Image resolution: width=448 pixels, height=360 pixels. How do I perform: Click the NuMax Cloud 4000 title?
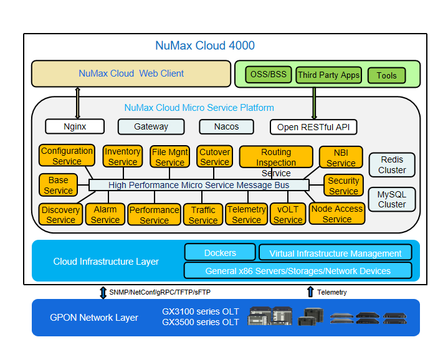(204, 45)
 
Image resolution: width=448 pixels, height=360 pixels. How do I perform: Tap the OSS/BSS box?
(269, 75)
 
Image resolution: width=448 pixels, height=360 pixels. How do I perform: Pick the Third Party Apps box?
(328, 75)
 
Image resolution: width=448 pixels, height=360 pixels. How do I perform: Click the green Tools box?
(386, 76)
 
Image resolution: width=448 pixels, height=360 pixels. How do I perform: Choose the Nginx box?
(75, 126)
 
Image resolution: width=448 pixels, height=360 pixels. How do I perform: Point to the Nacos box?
(227, 126)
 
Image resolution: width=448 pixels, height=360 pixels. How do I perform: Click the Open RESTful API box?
(313, 127)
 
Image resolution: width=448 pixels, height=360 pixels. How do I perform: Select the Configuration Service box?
(67, 156)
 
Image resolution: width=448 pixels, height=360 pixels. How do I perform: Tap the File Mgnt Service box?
(169, 157)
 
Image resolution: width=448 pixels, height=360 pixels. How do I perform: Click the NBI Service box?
(341, 158)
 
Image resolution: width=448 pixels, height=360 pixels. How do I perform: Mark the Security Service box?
(343, 186)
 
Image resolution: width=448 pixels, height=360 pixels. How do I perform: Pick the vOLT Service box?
(288, 214)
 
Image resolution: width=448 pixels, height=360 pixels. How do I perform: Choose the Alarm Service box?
(105, 214)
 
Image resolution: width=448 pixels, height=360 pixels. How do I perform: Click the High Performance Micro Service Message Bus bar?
(199, 185)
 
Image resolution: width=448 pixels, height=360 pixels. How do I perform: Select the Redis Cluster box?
(392, 164)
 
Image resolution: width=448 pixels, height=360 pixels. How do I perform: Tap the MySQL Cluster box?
(392, 199)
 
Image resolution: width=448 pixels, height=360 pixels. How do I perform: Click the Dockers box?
(220, 252)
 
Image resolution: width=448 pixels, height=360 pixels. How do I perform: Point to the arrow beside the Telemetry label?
(310, 291)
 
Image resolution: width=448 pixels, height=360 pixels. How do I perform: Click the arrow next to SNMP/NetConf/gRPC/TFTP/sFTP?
(103, 291)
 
